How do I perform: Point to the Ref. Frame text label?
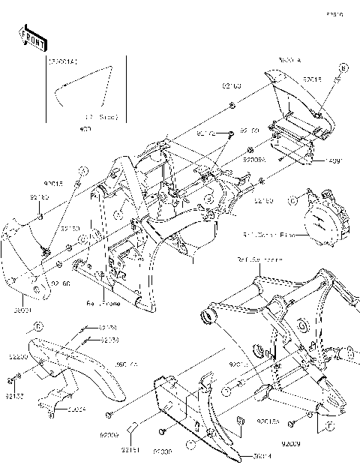(x=101, y=303)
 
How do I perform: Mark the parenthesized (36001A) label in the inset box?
(x=59, y=61)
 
